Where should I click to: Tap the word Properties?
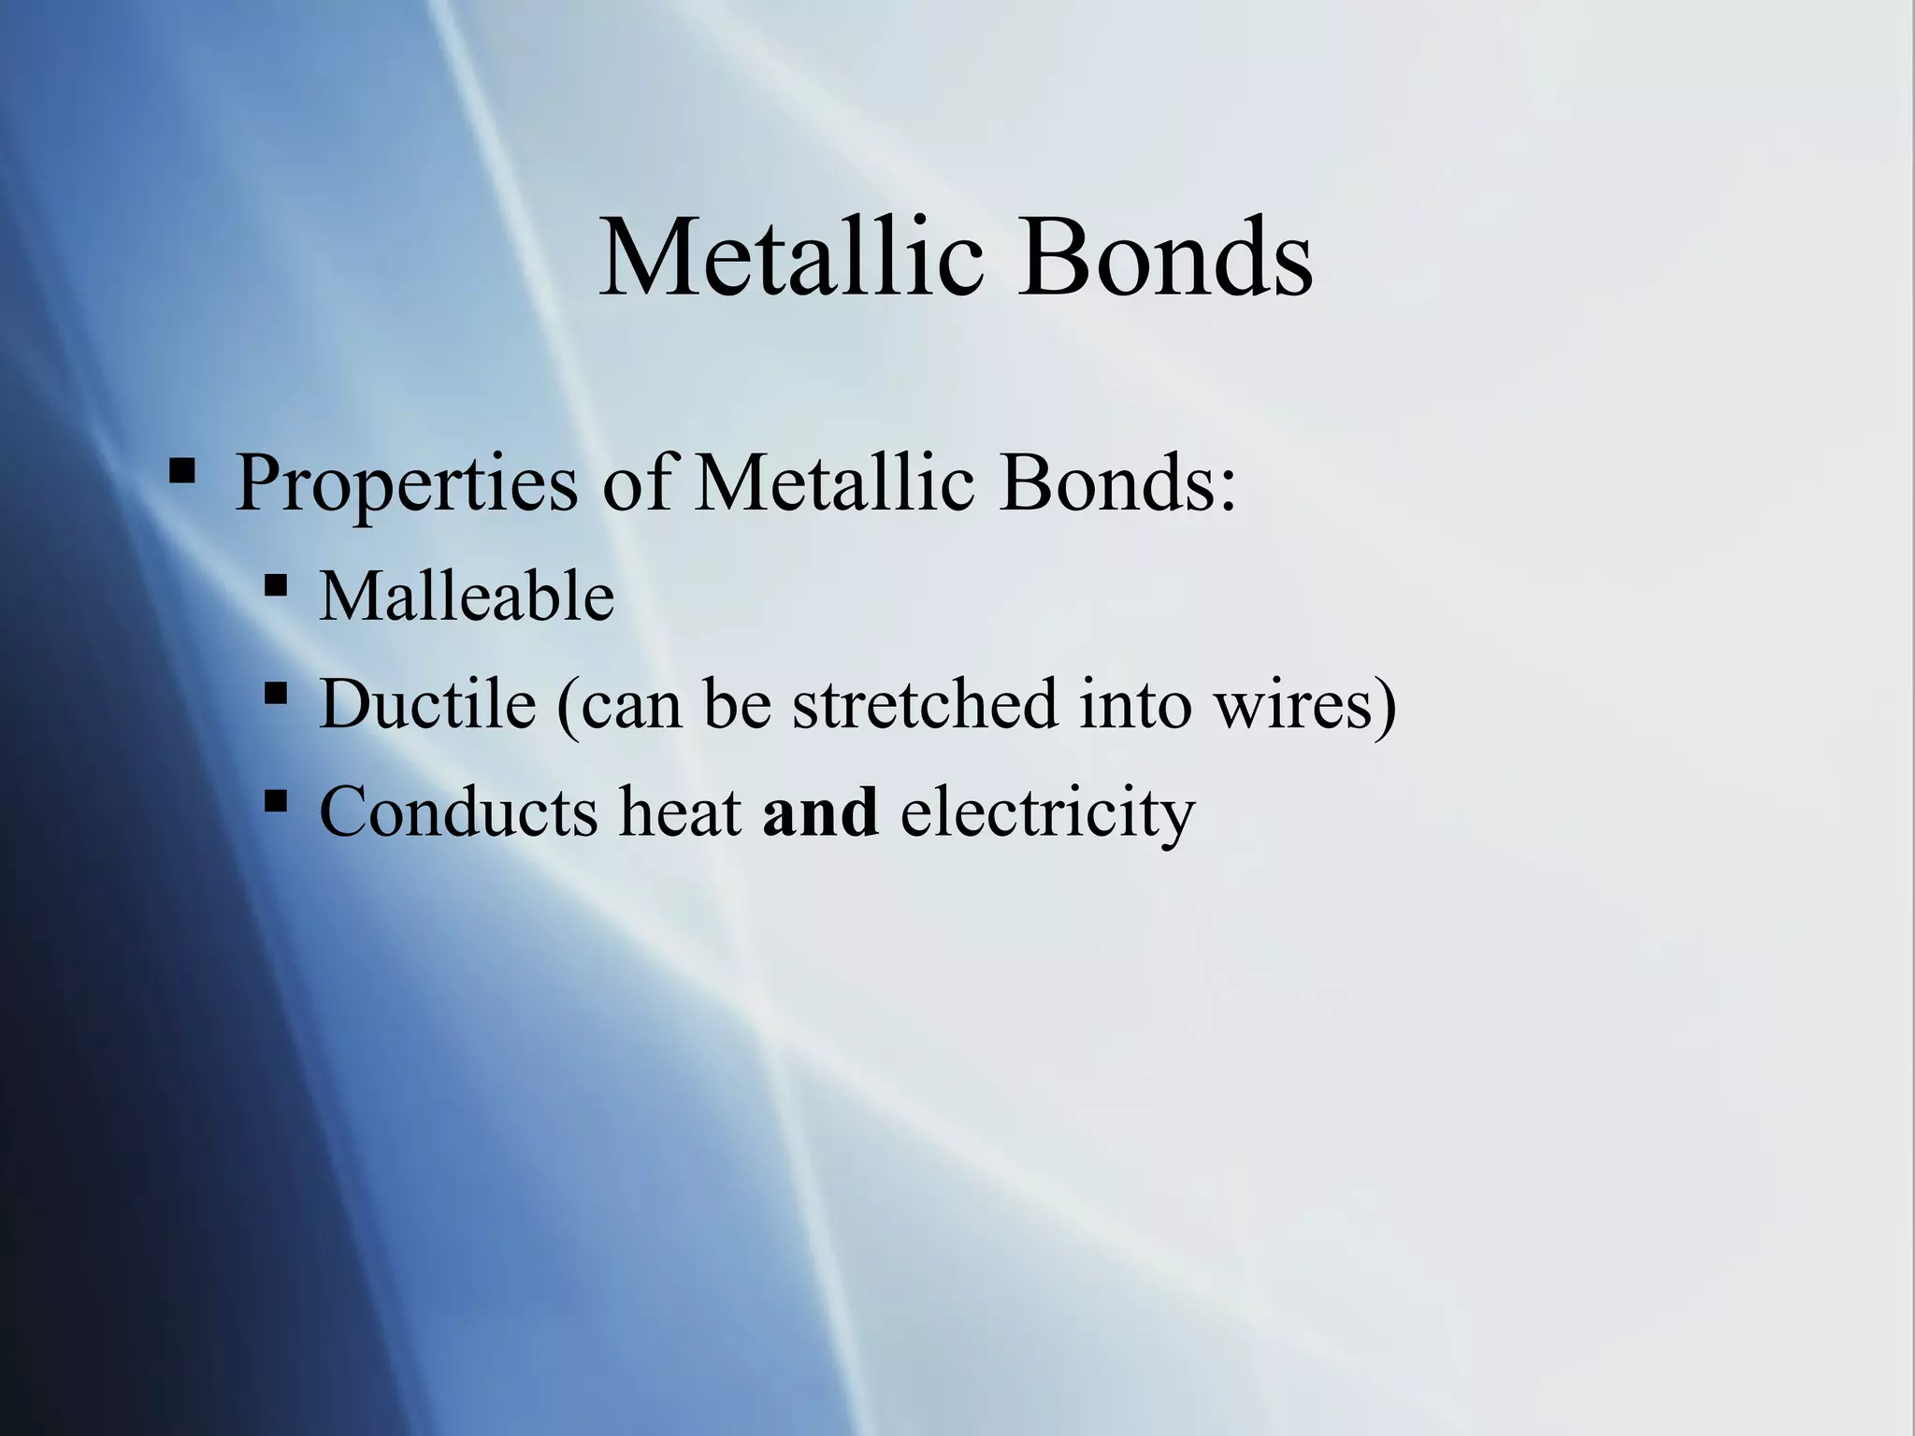tap(407, 484)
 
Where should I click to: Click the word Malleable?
tap(467, 596)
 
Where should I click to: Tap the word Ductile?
tap(427, 703)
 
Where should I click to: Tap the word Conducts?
tap(458, 811)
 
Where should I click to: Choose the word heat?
tap(680, 811)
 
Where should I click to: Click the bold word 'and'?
tap(820, 811)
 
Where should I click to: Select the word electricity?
tap(1047, 812)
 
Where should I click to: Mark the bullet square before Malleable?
tap(276, 586)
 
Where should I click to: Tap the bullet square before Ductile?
tap(276, 694)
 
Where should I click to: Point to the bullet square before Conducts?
tap(276, 801)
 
